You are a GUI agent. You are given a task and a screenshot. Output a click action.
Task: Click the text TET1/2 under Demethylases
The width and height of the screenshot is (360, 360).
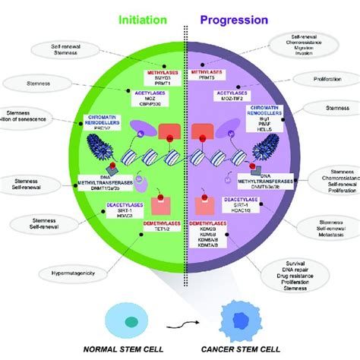coord(158,224)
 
